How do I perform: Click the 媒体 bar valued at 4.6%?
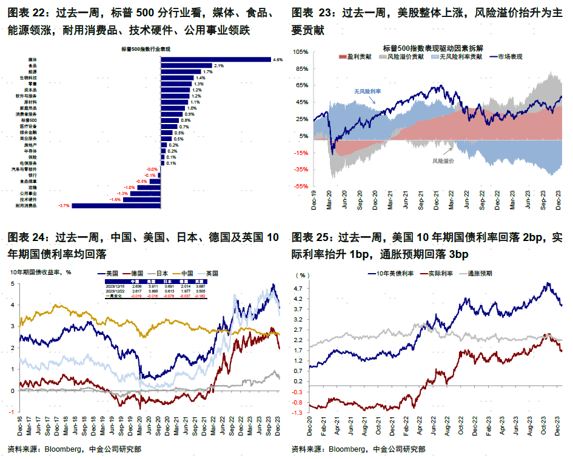click(x=215, y=59)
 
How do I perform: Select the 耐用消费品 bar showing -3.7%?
click(x=116, y=205)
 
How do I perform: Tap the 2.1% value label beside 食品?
click(x=219, y=65)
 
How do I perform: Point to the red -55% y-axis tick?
click(x=301, y=187)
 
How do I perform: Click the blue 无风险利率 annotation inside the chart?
click(x=367, y=91)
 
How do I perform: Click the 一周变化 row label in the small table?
click(x=115, y=296)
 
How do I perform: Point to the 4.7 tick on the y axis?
click(x=299, y=289)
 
